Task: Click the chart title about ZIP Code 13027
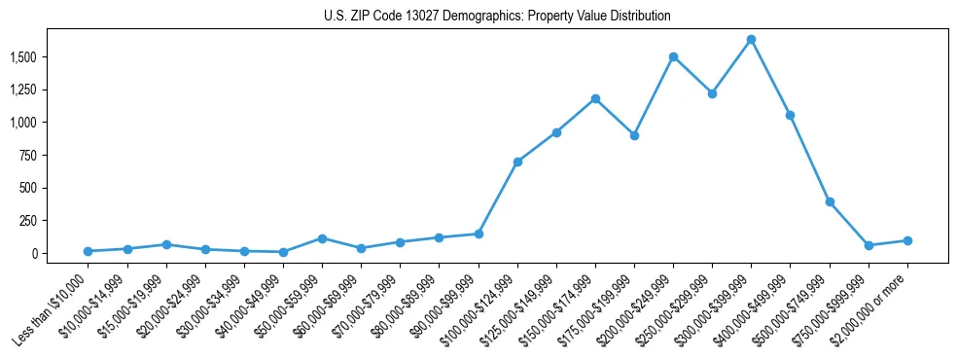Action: pos(497,17)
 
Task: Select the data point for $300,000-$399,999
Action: pos(751,40)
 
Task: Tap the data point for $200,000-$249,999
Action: pos(673,56)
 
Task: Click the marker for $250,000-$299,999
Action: pos(712,94)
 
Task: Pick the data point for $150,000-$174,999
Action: pos(595,98)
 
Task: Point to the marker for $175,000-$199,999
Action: pos(634,135)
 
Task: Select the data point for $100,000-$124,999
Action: pos(517,162)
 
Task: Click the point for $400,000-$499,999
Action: pos(791,115)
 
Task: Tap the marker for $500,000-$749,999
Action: pos(830,202)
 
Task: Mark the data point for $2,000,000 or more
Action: pos(907,240)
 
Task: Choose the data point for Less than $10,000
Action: pos(89,251)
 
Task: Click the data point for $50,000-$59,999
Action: pos(322,238)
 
